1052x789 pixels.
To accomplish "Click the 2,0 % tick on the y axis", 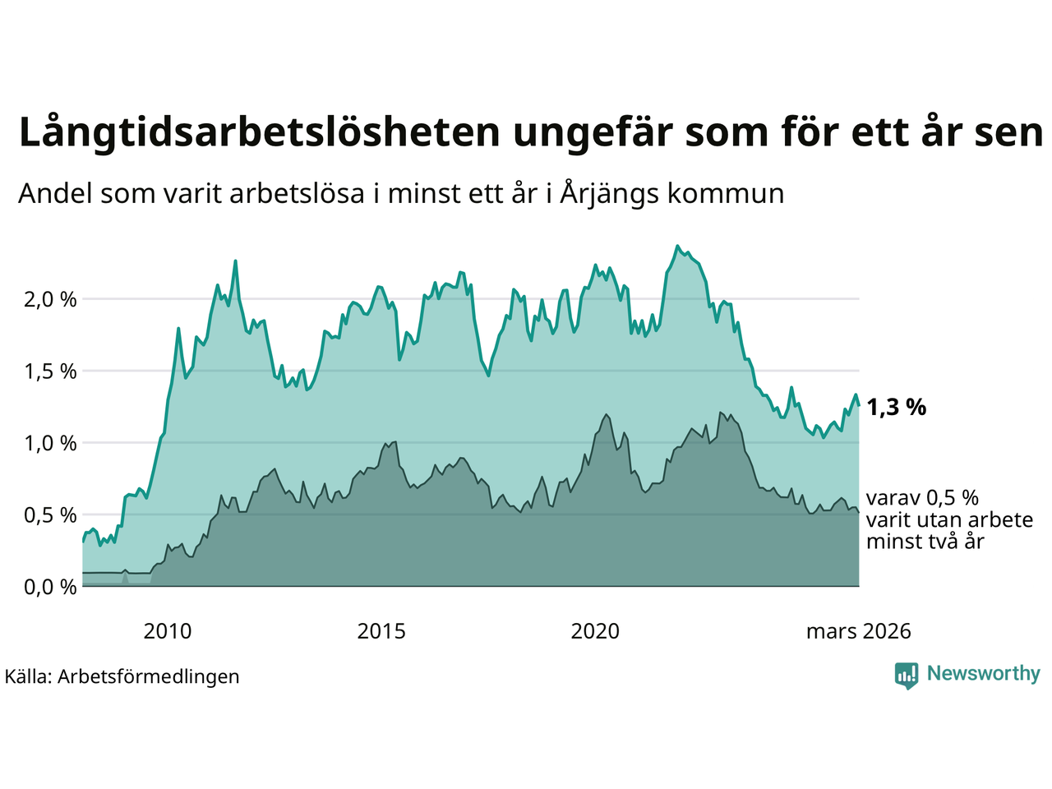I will click(x=50, y=299).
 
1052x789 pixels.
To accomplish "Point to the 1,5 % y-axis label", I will click(x=50, y=371).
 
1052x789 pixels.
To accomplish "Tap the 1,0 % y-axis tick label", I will click(x=50, y=443).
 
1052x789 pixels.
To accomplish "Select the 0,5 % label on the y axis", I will click(x=50, y=515).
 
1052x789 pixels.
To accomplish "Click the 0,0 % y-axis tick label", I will click(x=50, y=587).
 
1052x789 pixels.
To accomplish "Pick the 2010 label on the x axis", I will click(x=167, y=631).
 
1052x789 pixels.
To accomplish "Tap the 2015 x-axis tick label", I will click(x=381, y=631).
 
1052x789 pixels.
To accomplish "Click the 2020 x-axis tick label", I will click(x=595, y=631).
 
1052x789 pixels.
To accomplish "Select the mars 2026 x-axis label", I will click(x=858, y=631).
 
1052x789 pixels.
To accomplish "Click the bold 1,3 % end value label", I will click(x=896, y=407).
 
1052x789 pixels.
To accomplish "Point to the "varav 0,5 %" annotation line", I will click(x=922, y=498).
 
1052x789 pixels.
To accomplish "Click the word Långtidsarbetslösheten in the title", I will click(x=259, y=132).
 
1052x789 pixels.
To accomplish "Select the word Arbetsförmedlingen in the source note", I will click(x=149, y=676).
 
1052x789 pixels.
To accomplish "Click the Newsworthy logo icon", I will click(x=907, y=676).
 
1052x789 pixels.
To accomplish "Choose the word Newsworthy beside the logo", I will click(x=983, y=674).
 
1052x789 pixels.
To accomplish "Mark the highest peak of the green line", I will click(x=677, y=246).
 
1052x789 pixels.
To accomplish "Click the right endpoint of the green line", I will click(x=859, y=404).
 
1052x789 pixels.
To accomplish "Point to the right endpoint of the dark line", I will click(x=859, y=512).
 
